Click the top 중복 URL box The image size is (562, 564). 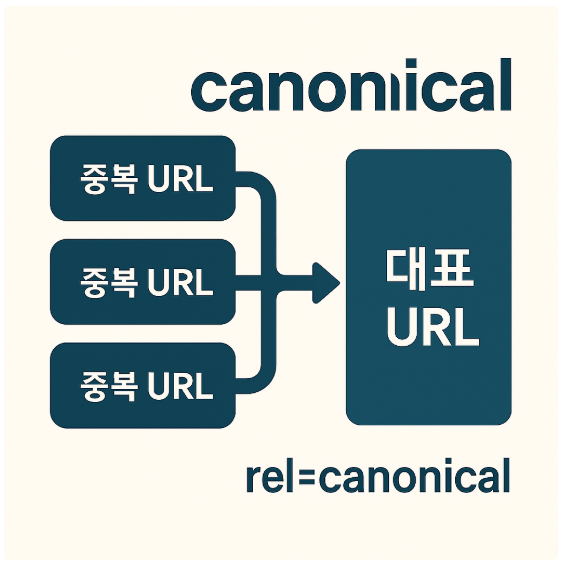pyautogui.click(x=142, y=179)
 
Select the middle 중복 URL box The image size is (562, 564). pyautogui.click(x=142, y=282)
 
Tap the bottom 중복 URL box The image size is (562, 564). pyautogui.click(x=142, y=385)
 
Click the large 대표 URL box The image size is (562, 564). pyautogui.click(x=428, y=287)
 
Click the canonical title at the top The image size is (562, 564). pyautogui.click(x=351, y=87)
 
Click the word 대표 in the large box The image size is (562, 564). pyautogui.click(x=428, y=269)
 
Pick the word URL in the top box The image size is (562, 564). pyautogui.click(x=180, y=180)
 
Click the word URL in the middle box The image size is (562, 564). pyautogui.click(x=180, y=283)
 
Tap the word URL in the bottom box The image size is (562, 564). pyautogui.click(x=180, y=386)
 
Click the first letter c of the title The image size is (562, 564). pyautogui.click(x=210, y=92)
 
